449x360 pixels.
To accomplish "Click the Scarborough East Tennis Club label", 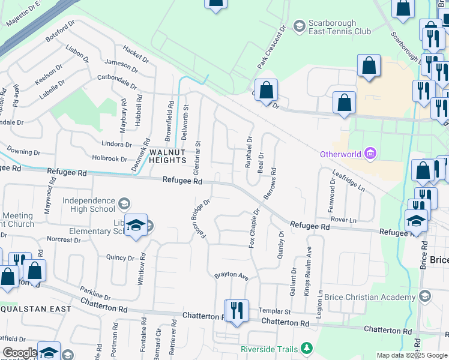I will pos(339,27).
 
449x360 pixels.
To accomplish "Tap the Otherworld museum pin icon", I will pos(370,154).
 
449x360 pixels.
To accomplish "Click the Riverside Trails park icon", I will pos(307,348).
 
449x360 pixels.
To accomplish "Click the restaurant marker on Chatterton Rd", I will pos(237,311).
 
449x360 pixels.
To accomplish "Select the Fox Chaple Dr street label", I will pos(255,228).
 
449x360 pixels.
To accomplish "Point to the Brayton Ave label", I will pos(231,276).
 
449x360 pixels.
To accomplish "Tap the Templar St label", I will pos(274,311).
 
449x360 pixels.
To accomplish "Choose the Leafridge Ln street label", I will pos(349,179).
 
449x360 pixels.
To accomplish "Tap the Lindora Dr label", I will pos(117,145).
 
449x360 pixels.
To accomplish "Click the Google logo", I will pos(20,353).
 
